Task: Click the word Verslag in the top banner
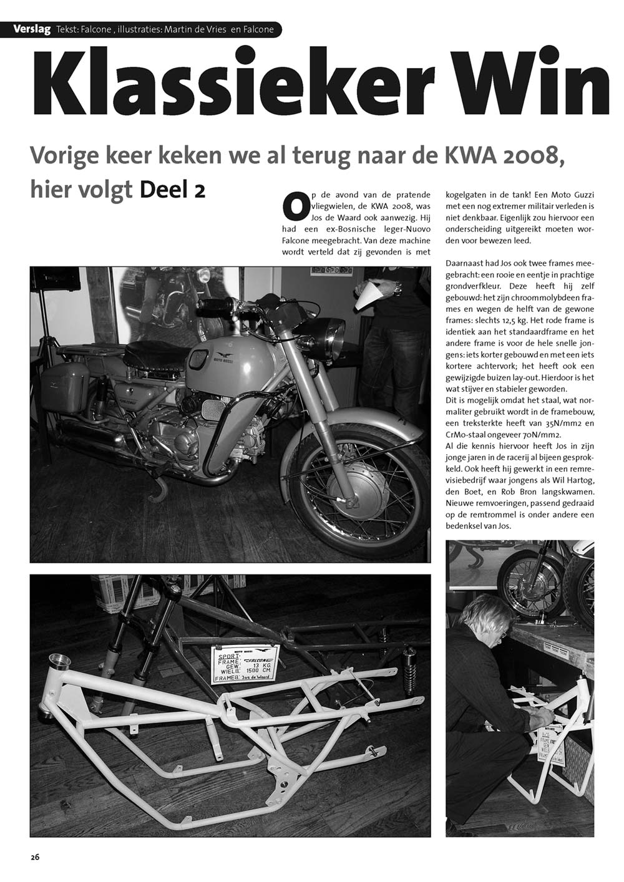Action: coord(32,29)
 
